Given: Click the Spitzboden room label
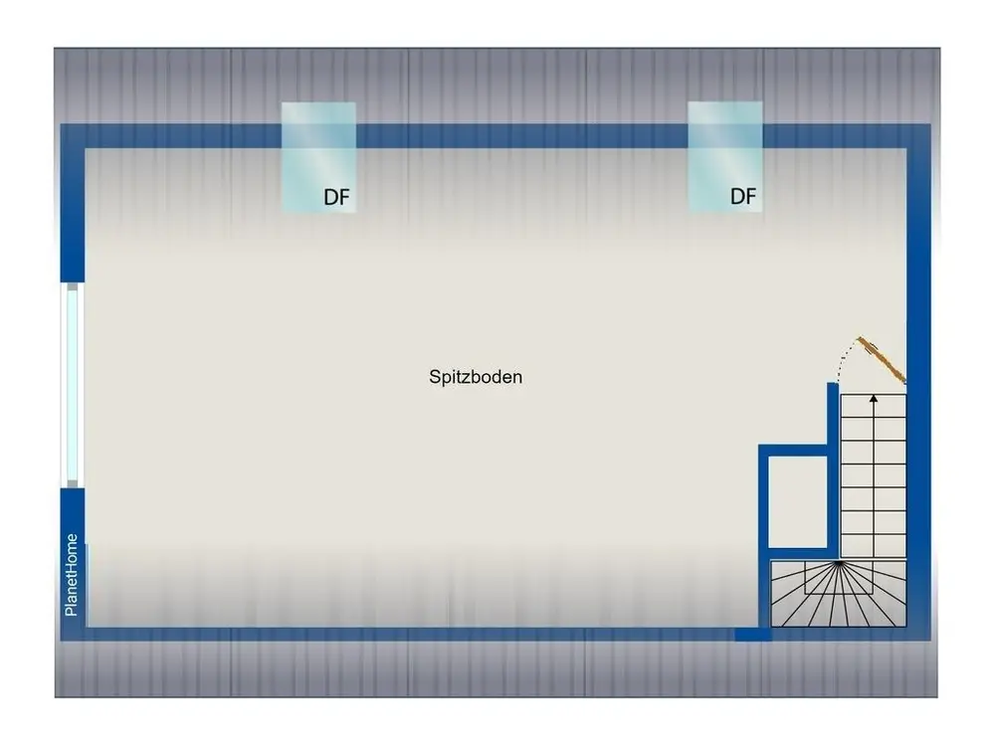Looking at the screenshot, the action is [x=476, y=377].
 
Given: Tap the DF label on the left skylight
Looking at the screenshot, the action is [x=336, y=197].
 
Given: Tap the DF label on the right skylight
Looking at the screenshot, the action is [x=743, y=197].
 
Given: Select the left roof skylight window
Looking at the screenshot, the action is [x=318, y=156].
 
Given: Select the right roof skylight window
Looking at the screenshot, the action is [x=725, y=156].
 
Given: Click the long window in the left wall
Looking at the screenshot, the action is [x=73, y=385].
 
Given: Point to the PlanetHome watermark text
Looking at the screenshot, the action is [x=71, y=575].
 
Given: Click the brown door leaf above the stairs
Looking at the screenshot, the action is [x=882, y=360].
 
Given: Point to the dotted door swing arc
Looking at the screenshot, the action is [x=845, y=356].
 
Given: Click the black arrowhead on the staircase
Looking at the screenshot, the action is [x=874, y=399].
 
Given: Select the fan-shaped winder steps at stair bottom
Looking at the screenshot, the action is [x=838, y=594].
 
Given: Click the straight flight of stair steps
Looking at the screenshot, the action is [x=874, y=476].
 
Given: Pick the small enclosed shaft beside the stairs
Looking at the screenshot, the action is [x=798, y=500].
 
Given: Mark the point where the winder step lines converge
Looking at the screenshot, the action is [x=839, y=562].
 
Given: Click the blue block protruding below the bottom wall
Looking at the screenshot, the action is [x=753, y=635].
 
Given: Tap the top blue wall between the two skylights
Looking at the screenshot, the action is [x=521, y=136].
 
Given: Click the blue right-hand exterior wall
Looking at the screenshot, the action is [x=918, y=382].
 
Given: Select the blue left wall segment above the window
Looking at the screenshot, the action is [x=73, y=203].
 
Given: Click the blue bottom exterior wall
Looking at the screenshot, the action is [x=410, y=634].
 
